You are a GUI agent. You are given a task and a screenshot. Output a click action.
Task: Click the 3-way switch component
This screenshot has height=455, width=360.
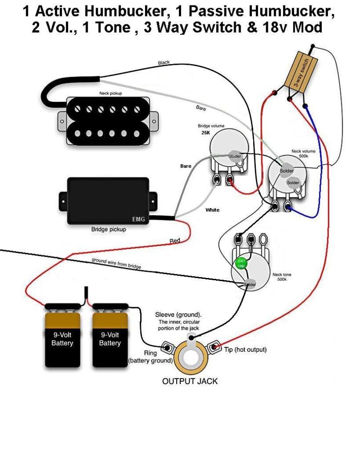[x=303, y=73]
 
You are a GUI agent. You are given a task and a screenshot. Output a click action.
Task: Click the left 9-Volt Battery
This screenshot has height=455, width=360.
[x=62, y=339]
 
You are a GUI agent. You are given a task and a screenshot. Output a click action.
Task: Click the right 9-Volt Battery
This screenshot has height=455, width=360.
[x=110, y=339]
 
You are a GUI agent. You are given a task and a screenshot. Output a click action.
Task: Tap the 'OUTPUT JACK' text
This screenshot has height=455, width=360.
[x=190, y=381]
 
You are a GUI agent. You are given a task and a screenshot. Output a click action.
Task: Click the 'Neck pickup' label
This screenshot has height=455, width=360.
[x=110, y=93]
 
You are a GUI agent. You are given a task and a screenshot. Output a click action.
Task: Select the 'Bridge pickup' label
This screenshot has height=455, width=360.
[x=109, y=230]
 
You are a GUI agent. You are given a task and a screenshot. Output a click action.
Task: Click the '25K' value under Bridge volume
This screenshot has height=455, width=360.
[x=199, y=133]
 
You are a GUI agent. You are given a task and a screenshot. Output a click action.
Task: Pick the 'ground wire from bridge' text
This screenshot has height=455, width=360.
[x=116, y=263]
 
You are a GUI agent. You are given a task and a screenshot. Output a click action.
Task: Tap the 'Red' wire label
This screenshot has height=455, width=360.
[x=175, y=241]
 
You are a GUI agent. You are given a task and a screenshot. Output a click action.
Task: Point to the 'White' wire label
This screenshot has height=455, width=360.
[x=212, y=209]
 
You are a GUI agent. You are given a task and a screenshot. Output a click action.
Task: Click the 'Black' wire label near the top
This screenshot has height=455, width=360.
[x=164, y=63]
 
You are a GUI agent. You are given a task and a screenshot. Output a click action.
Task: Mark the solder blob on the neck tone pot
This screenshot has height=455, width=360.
[x=249, y=284]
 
